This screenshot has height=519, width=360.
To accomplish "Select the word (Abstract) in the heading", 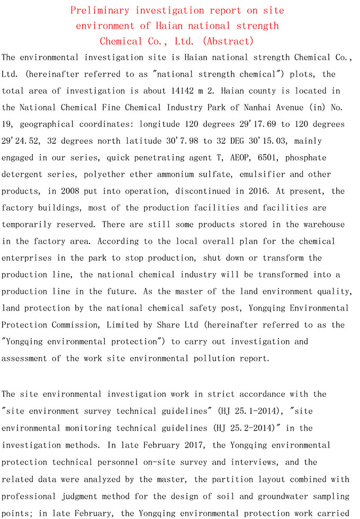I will point(228,41).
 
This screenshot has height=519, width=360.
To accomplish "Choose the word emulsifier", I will point(262,174).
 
